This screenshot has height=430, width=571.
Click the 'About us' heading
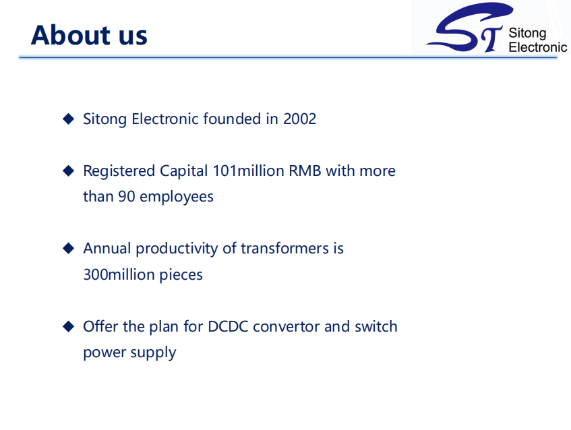[x=89, y=35]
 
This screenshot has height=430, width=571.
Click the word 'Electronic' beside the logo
[x=538, y=47]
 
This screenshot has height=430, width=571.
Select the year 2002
[x=300, y=119]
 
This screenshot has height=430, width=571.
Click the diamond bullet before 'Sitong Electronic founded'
[x=69, y=119]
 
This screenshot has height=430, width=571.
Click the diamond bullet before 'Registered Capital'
[x=69, y=171]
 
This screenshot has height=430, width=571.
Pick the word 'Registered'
[x=119, y=171]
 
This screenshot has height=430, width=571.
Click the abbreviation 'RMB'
[x=305, y=171]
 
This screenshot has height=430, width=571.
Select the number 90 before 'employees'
[x=127, y=197]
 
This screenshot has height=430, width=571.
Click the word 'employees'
[x=177, y=197]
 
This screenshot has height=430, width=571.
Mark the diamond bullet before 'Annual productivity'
[x=69, y=248]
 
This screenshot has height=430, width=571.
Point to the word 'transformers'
[x=285, y=248]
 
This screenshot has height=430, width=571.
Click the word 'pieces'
[x=181, y=275]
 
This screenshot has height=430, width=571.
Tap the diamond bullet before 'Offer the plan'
[x=69, y=326]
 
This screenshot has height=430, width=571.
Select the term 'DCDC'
[x=228, y=327]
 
